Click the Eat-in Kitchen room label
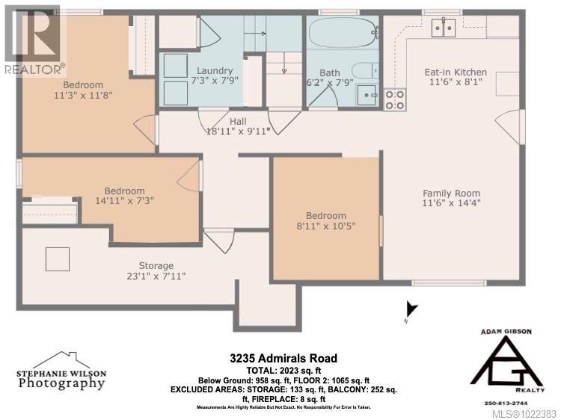tap(456, 72)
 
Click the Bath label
tap(330, 73)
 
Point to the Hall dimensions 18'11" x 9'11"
tap(238, 132)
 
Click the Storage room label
tap(156, 265)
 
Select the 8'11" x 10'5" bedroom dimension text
tap(325, 226)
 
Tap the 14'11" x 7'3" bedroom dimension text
tap(125, 202)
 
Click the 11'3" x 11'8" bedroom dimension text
tap(88, 96)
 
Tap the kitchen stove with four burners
tap(395, 100)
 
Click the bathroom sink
tap(367, 94)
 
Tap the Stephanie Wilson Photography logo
tap(61, 371)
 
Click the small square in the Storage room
tap(58, 259)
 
